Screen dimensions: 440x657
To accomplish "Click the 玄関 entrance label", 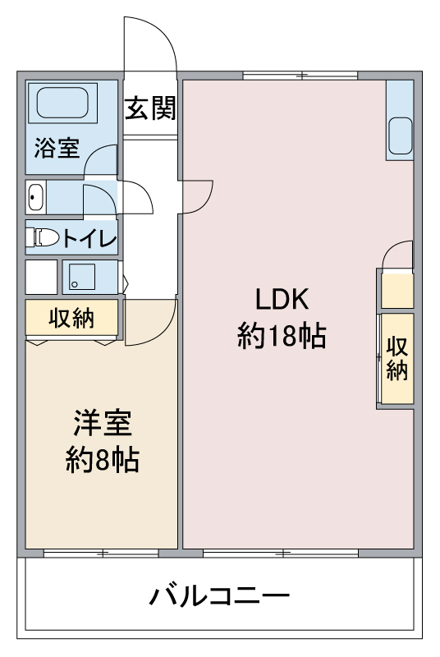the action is pos(150,108).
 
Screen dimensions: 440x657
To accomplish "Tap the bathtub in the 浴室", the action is pos(62,103).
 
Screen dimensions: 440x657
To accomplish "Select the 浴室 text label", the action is pos(57,148).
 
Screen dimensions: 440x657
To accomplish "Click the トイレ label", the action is pos(89,238).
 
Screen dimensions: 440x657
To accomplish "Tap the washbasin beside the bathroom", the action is pos(36,197).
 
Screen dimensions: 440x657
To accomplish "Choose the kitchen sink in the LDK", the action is pos(401,136).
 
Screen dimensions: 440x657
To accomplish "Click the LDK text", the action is pos(282,299).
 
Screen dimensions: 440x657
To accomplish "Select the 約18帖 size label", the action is pos(282,336).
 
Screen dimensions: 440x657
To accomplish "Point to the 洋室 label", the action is pos(103,423).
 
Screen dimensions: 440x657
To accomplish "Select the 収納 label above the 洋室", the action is pos(71,318).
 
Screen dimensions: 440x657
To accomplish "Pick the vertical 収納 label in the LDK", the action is pos(396,358).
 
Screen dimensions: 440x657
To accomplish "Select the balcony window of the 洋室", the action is pos(101,553).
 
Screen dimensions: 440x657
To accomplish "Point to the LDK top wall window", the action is pos(300,76).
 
